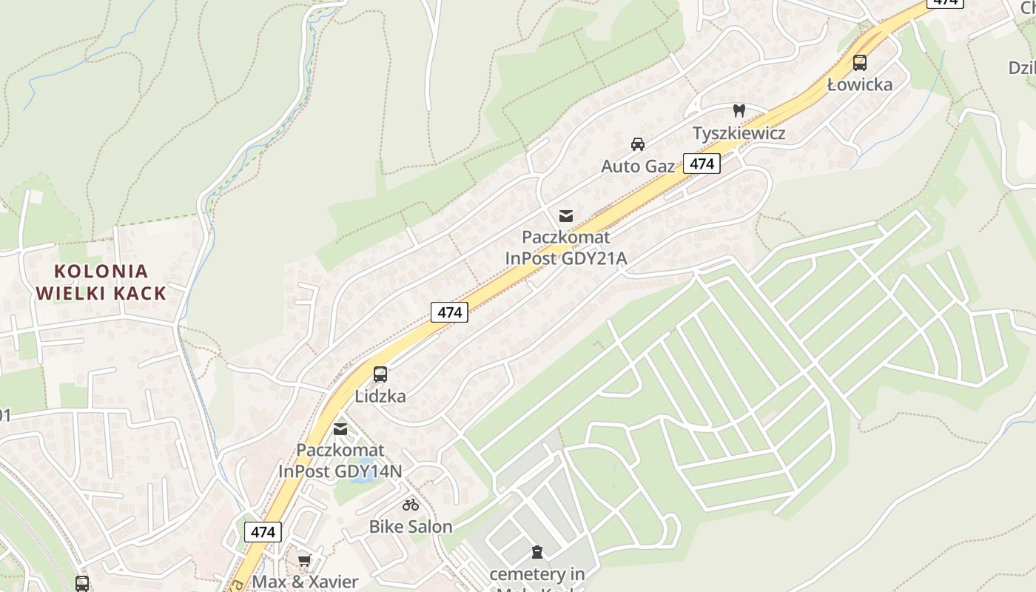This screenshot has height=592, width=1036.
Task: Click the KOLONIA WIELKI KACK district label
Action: coord(101,282)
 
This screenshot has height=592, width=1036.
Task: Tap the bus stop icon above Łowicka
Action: coord(859,63)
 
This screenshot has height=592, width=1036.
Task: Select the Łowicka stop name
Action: coord(860,84)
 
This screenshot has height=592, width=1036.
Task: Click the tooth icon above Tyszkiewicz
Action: coord(739,111)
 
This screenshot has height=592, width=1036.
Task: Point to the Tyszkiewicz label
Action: coord(739,133)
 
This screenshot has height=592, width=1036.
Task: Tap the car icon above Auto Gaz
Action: coord(638,144)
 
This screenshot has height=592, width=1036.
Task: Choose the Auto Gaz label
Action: coord(638,166)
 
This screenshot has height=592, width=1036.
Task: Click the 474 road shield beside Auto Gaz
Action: coord(702,164)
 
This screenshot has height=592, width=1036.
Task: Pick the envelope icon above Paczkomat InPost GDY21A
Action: coord(566,215)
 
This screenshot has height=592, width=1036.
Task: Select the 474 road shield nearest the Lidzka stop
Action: coord(449,312)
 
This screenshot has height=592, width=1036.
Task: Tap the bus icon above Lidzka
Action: coord(380,374)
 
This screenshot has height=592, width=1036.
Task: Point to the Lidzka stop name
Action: coord(380,396)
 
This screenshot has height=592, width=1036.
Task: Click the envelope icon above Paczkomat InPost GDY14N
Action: coord(340,428)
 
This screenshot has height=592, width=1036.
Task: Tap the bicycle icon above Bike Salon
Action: coord(411,505)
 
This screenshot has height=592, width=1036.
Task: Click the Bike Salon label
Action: coord(411,527)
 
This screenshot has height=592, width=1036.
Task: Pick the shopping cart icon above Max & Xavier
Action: coord(304,560)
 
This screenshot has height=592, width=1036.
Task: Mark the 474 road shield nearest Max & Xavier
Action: coord(263,531)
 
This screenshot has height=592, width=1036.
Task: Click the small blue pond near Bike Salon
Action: coord(361,478)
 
